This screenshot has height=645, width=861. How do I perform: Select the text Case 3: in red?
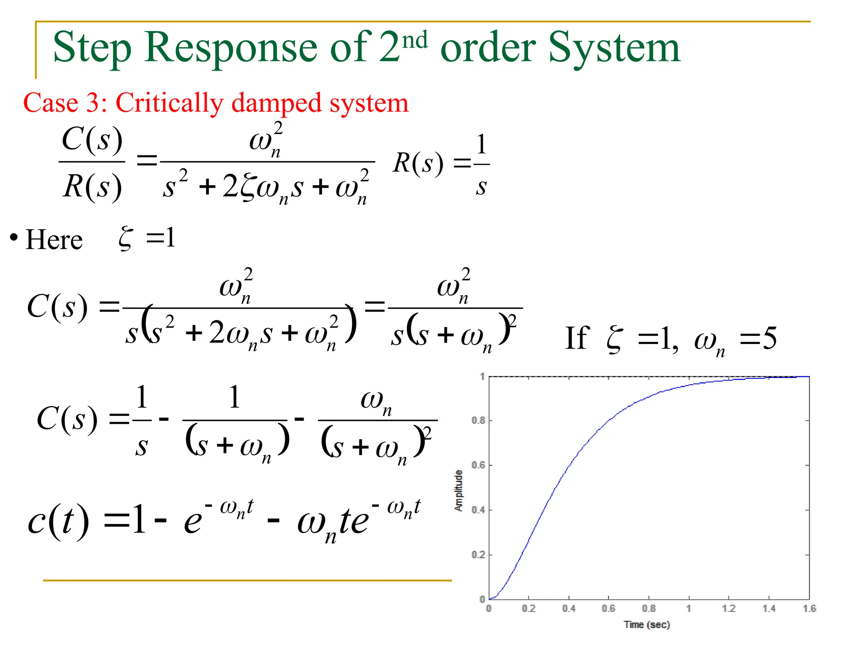pos(65,103)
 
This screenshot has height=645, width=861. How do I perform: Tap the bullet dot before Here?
pos(14,238)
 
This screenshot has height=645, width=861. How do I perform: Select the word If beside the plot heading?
pos(577,338)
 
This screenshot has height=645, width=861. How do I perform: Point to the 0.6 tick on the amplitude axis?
pos(478,465)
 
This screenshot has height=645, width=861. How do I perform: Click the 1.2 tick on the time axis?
pos(729,608)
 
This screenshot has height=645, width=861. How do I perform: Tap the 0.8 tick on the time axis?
pos(649,608)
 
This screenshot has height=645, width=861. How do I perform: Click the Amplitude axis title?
pos(459,490)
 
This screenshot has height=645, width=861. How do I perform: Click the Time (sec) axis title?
pos(647,625)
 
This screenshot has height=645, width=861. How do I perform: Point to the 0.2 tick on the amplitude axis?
pos(478,555)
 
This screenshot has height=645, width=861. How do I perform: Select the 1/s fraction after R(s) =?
pos(481,165)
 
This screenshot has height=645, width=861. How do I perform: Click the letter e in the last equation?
pos(193,523)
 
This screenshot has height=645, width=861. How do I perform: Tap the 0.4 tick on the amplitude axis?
pos(478,510)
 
